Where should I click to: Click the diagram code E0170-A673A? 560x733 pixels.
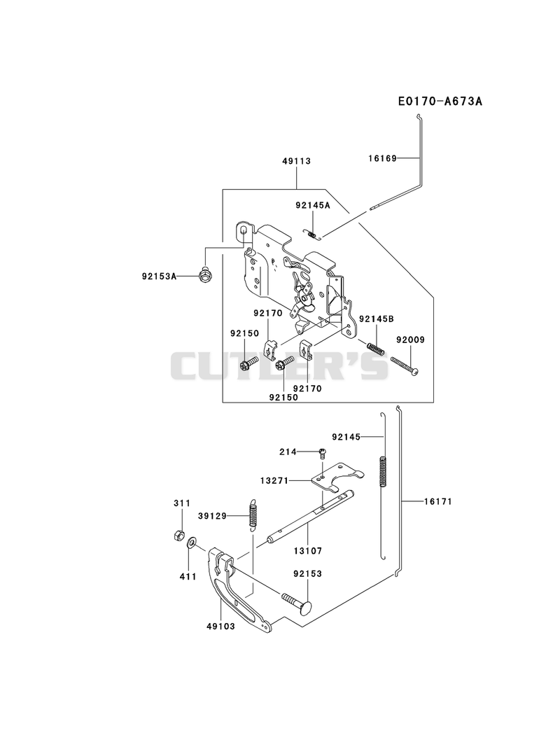click(x=440, y=102)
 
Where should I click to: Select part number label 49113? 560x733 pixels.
click(x=296, y=161)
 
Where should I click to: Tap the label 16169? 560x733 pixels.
click(x=382, y=158)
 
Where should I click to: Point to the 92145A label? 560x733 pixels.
click(x=313, y=205)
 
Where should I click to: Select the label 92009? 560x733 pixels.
click(x=410, y=340)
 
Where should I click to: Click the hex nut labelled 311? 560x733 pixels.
click(x=177, y=536)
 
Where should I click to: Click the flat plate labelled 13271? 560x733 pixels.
click(x=337, y=477)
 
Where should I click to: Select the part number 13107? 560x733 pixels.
click(x=308, y=552)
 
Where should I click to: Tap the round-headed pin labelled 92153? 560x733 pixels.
click(x=297, y=603)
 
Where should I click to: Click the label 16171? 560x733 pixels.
click(x=438, y=501)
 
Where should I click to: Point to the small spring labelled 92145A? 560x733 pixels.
click(x=313, y=234)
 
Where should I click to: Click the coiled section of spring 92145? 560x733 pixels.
click(x=382, y=472)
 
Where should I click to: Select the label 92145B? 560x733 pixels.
click(x=377, y=319)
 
